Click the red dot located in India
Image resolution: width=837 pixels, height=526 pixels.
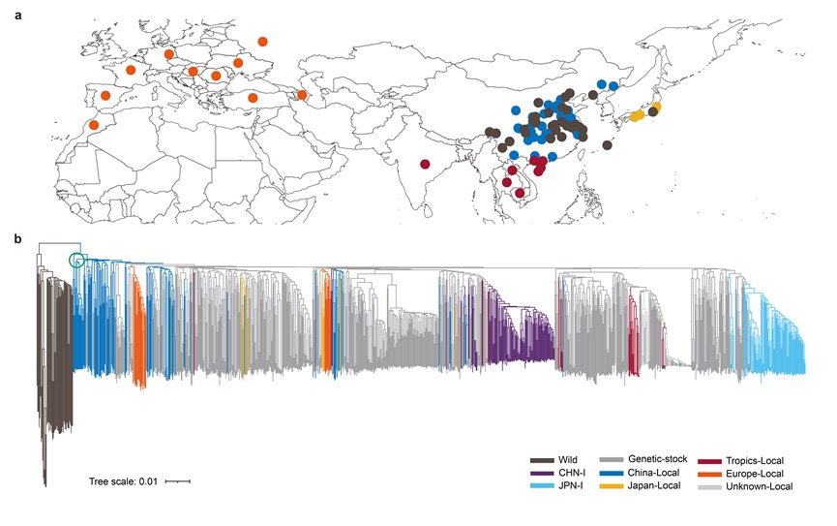coord(425,164)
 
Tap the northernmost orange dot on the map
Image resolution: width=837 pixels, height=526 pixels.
coord(263,41)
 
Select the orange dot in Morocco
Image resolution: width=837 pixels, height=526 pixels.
coord(94,125)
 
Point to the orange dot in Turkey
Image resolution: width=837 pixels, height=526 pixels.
coord(253,98)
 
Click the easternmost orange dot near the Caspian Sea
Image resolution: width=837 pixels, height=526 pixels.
coord(302,95)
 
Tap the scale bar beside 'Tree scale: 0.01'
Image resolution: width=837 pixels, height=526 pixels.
coord(177,480)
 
